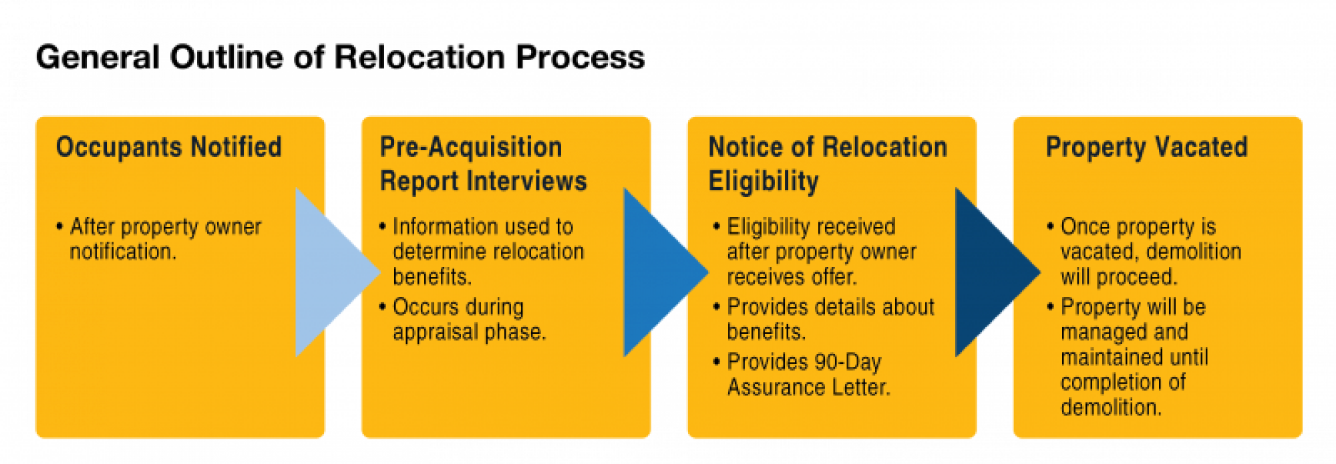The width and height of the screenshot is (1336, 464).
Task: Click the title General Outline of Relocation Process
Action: tap(340, 57)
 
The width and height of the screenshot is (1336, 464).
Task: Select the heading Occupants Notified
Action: tap(168, 147)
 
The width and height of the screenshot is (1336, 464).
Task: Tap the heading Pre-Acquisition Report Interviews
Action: tap(482, 164)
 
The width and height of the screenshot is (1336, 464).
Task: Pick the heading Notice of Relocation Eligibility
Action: tap(827, 164)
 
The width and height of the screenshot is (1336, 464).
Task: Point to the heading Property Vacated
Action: tap(1146, 147)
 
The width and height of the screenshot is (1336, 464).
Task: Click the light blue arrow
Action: tap(331, 272)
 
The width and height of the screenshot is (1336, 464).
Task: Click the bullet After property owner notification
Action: tap(164, 239)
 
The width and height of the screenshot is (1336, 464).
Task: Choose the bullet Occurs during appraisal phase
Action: tap(468, 319)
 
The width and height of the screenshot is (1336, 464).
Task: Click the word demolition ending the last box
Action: tap(1110, 407)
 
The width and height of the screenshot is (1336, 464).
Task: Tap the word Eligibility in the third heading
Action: tap(764, 182)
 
